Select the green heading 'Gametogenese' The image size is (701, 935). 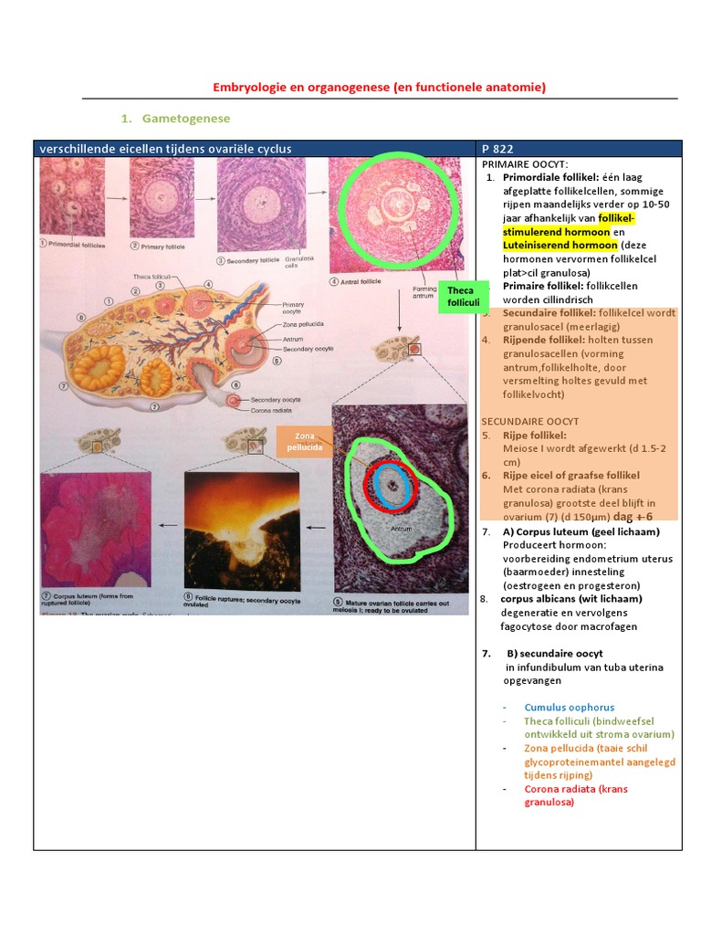click(x=186, y=119)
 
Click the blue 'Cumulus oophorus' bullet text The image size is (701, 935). click(x=569, y=707)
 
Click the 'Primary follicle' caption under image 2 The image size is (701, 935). click(x=165, y=246)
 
